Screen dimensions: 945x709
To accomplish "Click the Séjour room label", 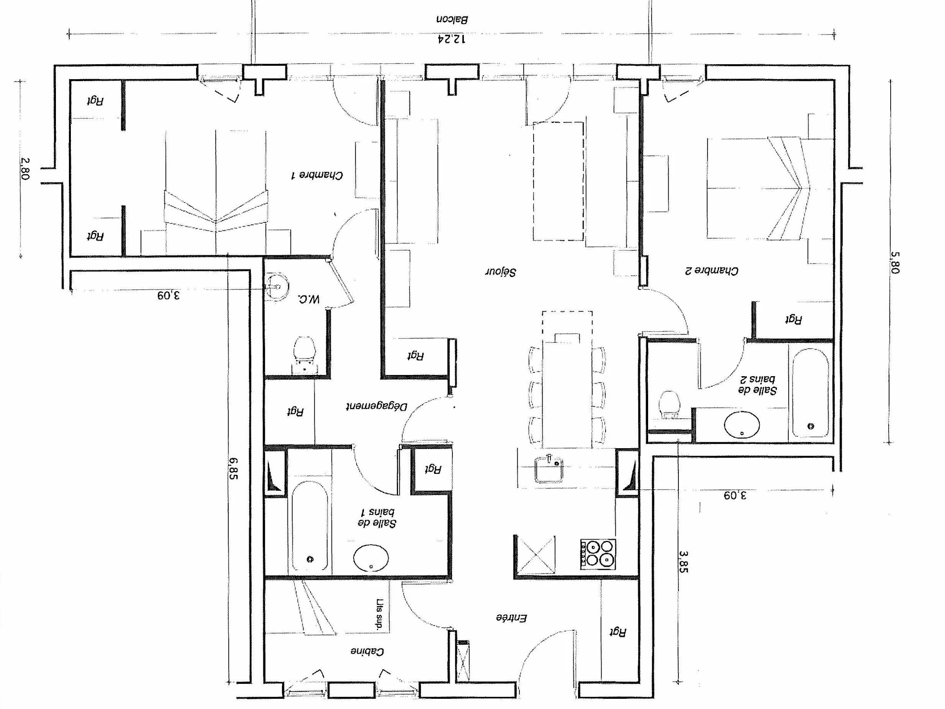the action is (x=501, y=272).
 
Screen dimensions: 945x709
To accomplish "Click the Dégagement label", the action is (x=376, y=406).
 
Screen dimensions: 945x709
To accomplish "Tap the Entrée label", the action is (x=511, y=618).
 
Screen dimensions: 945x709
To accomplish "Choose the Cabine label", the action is (x=367, y=651).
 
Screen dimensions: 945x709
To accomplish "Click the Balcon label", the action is (x=452, y=19).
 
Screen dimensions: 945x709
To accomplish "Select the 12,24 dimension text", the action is (x=452, y=39).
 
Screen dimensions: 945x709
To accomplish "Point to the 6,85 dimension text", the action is (x=233, y=468).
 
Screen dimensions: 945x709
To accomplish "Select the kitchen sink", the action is (x=549, y=469).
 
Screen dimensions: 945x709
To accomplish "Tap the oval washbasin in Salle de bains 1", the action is (x=371, y=558).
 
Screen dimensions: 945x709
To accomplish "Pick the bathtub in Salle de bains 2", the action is (x=810, y=393).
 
